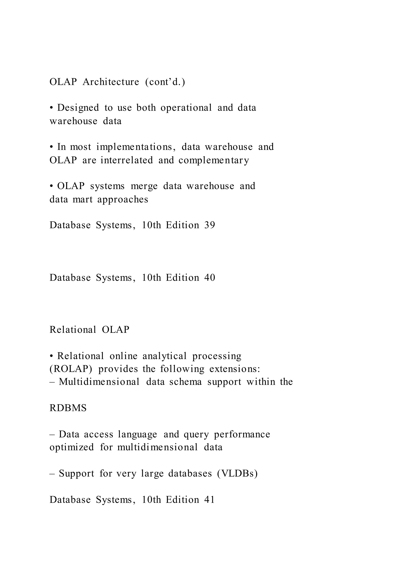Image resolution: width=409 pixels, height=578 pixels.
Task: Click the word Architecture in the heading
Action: (111, 82)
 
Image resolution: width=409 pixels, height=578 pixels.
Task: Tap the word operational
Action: (186, 108)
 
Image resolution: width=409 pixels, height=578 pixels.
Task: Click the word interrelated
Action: (127, 160)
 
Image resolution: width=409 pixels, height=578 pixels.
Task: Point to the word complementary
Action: (214, 160)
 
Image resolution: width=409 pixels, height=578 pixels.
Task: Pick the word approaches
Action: (123, 199)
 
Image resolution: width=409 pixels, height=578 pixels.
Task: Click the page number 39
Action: (209, 225)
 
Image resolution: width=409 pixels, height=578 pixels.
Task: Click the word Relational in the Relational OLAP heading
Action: (73, 330)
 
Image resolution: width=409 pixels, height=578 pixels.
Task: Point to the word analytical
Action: (164, 356)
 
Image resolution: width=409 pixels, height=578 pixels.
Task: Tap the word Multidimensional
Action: (99, 382)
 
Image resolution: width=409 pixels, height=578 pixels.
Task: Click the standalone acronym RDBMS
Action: (68, 408)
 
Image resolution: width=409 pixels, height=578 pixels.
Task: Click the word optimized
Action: (72, 447)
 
